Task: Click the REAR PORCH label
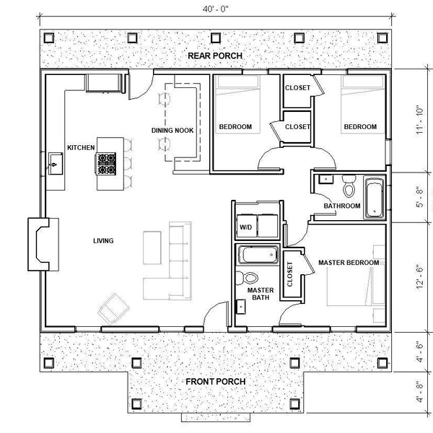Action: tap(215, 56)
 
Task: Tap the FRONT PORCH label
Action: tap(216, 381)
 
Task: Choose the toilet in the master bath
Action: tap(250, 278)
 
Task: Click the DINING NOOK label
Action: tap(170, 131)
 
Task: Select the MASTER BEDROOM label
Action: tap(348, 263)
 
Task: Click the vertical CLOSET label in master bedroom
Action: tap(292, 274)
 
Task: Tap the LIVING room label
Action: tap(105, 240)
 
